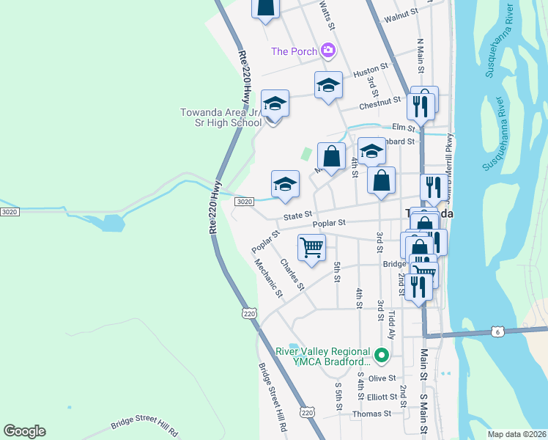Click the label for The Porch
(294, 51)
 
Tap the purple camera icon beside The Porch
(328, 51)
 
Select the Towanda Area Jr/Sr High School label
(221, 117)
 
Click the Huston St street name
(370, 73)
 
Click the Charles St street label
(292, 274)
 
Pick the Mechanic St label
(268, 279)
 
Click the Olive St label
(382, 378)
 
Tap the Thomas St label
(371, 414)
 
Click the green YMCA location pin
(382, 356)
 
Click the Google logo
(24, 431)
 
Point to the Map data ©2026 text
(517, 434)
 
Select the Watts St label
(327, 15)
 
